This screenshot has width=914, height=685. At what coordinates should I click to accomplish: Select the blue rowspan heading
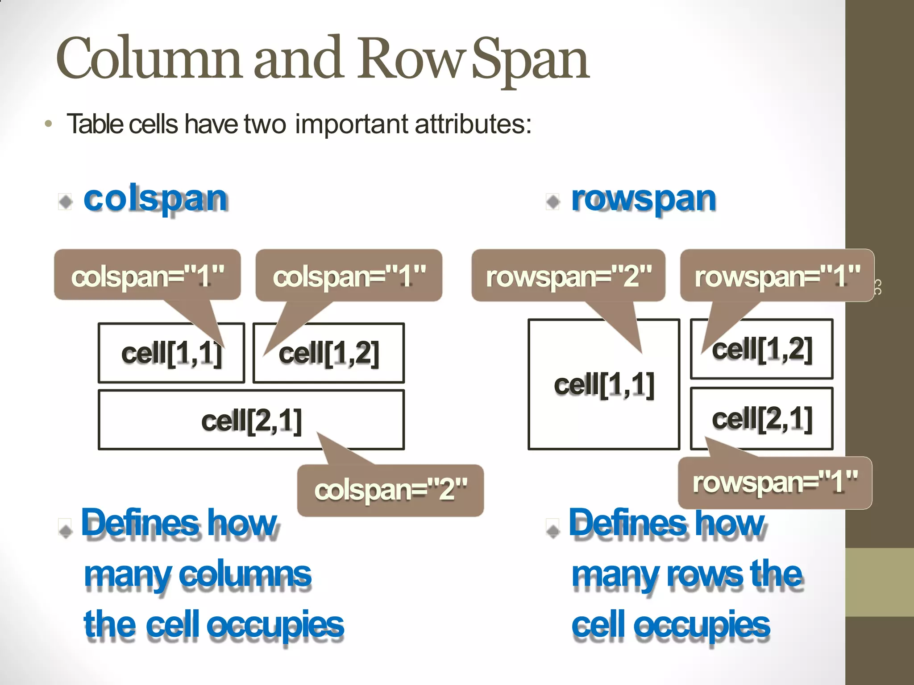pos(643,199)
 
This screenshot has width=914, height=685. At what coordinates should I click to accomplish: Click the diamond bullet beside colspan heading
pos(66,202)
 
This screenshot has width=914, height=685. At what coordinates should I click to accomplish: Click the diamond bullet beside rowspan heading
pos(553,202)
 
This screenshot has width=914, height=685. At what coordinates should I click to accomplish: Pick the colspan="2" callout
pos(391,490)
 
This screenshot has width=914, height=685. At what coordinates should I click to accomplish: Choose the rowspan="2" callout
pos(568,276)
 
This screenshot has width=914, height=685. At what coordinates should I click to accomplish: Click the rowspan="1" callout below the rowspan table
pos(775,483)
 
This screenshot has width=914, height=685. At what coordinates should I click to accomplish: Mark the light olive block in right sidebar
pos(879,582)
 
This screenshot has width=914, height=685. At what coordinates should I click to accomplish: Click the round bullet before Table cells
pos(49,124)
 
